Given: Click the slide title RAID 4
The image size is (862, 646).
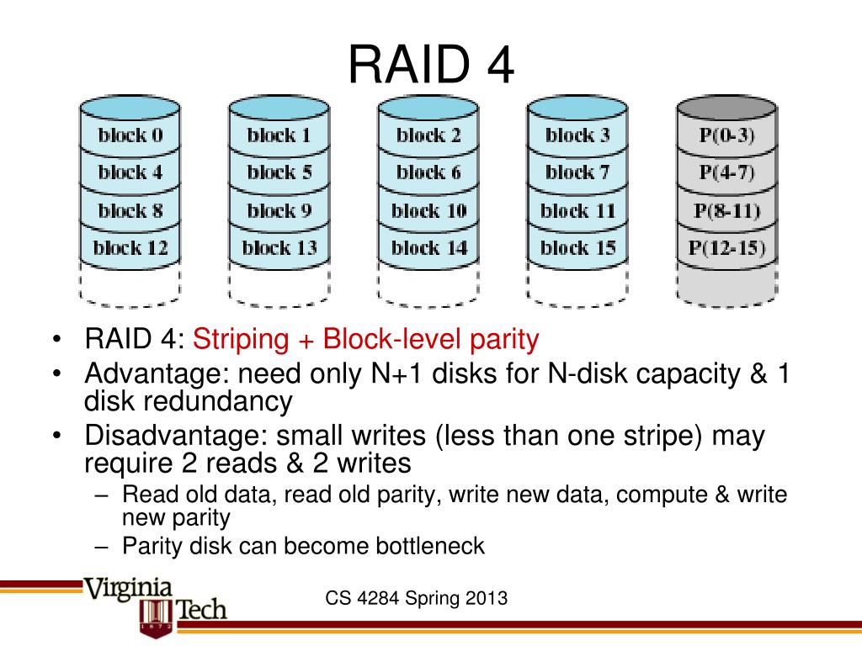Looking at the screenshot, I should point(430,65).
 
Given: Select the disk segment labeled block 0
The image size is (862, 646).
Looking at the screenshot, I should point(130,135).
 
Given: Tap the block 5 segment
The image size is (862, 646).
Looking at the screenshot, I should point(279,172).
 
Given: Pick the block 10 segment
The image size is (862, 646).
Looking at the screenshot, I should point(428,210).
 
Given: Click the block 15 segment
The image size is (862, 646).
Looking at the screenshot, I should point(577,247).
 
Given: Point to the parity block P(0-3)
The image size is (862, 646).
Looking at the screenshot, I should point(726,135).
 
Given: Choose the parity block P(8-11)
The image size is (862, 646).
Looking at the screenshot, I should point(726,210).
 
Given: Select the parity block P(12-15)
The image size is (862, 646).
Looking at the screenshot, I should point(726,247).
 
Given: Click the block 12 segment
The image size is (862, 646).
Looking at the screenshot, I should point(130,247).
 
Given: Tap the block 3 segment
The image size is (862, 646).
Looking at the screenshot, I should point(577,135).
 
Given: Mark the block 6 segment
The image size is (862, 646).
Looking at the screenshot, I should point(428,172).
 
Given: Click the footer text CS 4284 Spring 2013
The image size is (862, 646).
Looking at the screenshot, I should point(417,599).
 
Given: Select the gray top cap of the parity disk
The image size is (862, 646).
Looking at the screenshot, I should point(726,107).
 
